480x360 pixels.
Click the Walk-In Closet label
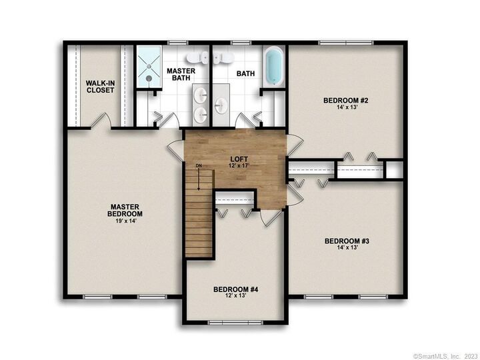100,87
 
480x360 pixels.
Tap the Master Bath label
180,75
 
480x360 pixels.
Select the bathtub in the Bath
273,67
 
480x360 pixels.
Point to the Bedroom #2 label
346,101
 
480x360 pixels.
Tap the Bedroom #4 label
236,289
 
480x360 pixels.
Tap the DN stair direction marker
199,165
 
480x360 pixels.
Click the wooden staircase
199,213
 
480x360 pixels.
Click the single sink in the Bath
221,105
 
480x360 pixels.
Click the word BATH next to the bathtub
246,74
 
